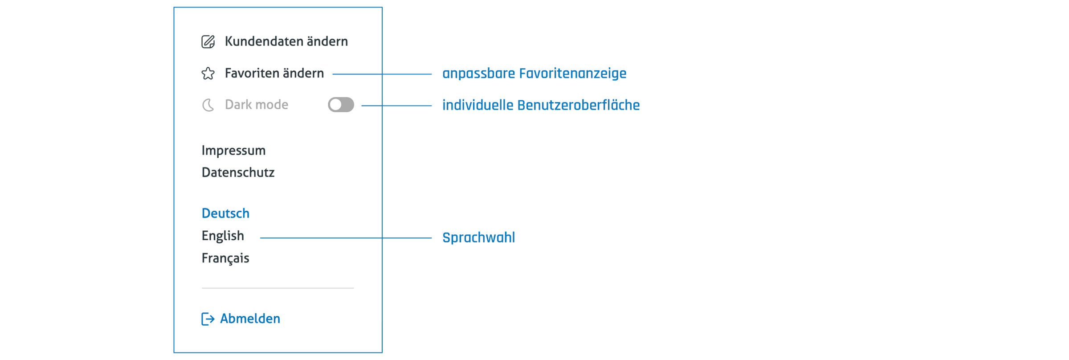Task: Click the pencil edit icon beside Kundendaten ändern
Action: (208, 41)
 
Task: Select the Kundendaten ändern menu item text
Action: (286, 41)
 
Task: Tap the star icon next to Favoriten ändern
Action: (208, 74)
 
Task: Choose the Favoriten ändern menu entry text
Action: (274, 73)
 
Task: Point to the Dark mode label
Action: (257, 105)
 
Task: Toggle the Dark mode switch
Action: (341, 105)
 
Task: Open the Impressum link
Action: (233, 151)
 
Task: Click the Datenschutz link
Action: (238, 172)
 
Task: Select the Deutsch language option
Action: (225, 213)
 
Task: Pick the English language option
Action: (223, 236)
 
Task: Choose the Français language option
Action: (225, 258)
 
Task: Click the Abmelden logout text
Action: (250, 319)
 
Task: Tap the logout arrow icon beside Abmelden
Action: (208, 319)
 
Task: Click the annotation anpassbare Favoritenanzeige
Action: (534, 74)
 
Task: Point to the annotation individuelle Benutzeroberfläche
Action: (541, 105)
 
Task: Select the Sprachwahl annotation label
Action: (479, 237)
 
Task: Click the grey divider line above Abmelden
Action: (278, 288)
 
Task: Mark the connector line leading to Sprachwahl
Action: (346, 238)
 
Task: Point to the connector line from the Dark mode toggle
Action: (396, 106)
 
